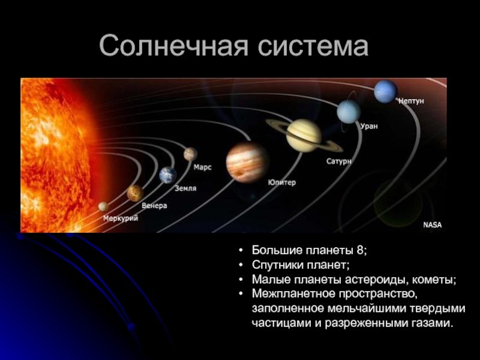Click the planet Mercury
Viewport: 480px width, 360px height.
tap(103, 206)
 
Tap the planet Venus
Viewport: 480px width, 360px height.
tap(136, 193)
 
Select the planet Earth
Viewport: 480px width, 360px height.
tap(168, 175)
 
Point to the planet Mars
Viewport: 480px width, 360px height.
tap(190, 154)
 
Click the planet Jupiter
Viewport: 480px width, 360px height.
tap(247, 163)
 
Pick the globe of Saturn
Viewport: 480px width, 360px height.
tap(304, 136)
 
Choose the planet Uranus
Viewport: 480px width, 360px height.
tap(349, 112)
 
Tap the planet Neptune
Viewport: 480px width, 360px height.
tap(385, 92)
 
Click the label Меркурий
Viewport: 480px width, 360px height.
tap(121, 218)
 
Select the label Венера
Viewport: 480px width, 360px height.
tap(154, 205)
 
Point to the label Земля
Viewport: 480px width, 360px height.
tap(185, 188)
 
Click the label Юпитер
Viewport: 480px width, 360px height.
tap(282, 182)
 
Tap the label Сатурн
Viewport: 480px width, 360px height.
tap(338, 161)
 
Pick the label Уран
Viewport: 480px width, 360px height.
tap(369, 126)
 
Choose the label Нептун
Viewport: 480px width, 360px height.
tap(411, 101)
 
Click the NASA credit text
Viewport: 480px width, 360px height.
tap(432, 225)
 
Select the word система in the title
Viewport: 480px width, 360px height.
tap(313, 47)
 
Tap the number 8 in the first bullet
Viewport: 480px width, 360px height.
tap(359, 250)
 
